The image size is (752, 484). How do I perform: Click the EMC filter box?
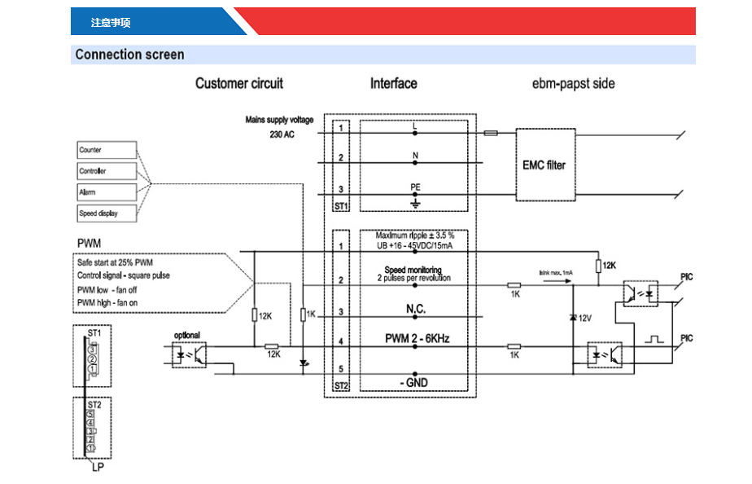pos(544,165)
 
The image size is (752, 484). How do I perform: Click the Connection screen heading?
pos(130,55)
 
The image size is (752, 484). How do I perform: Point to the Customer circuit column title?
pos(239,83)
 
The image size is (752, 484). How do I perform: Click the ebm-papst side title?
pos(574,83)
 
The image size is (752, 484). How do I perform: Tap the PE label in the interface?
pos(416,187)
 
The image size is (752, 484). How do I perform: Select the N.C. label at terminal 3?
pos(416,310)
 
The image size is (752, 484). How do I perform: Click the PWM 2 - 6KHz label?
pos(416,339)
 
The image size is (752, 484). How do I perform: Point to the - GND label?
pos(416,383)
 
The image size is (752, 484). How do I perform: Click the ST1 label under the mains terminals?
pos(342,207)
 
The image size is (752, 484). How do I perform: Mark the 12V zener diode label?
pos(584,318)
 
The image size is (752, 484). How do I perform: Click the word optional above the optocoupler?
pos(186,335)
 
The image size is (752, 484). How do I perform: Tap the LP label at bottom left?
pos(97,467)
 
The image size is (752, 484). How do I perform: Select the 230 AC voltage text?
pos(282,134)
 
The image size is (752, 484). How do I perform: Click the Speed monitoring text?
pos(413,270)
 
